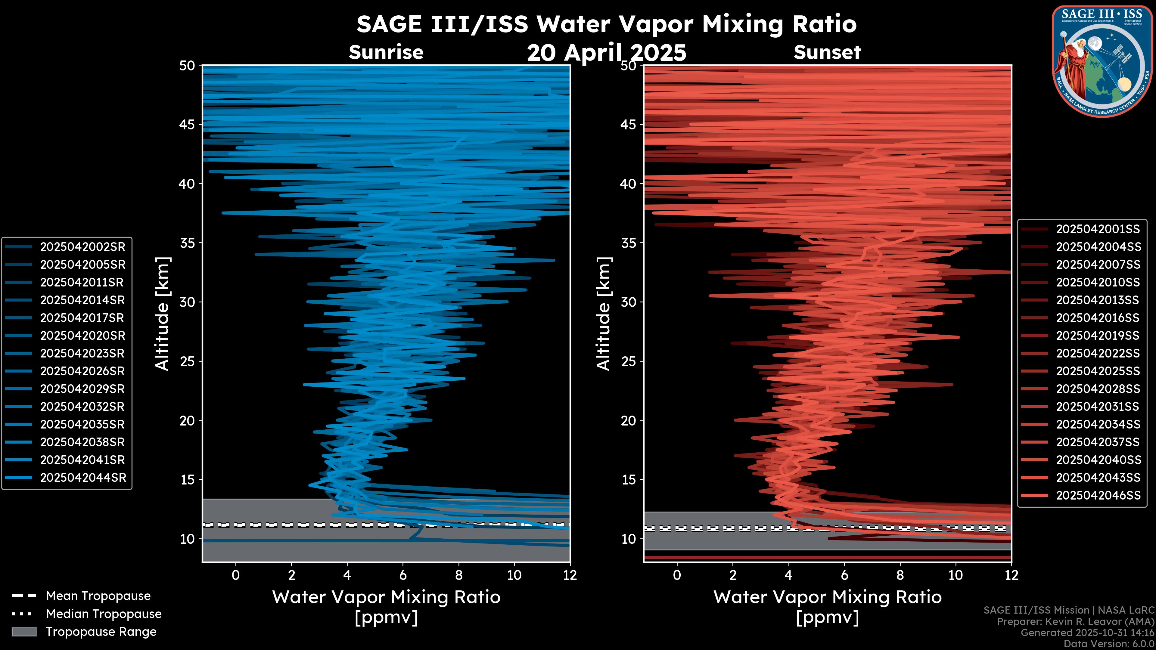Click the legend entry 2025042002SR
click(x=82, y=247)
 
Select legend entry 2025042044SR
click(x=82, y=478)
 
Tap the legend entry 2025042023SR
click(x=82, y=354)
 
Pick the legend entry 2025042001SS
click(x=1098, y=229)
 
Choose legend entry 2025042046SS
click(x=1098, y=495)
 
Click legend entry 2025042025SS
click(x=1098, y=371)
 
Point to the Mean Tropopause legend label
click(x=98, y=596)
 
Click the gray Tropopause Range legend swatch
click(x=24, y=632)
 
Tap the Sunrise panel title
click(x=386, y=52)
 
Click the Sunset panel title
click(x=827, y=52)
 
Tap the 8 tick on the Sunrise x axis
click(x=458, y=575)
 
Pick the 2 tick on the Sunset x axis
click(x=733, y=575)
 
